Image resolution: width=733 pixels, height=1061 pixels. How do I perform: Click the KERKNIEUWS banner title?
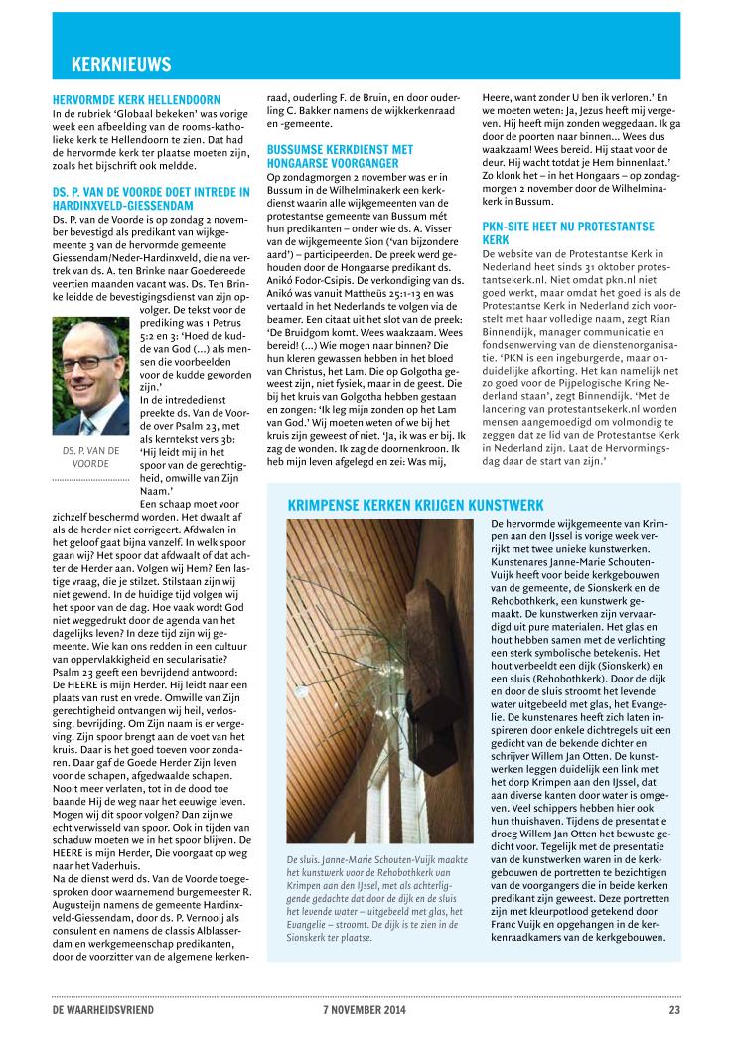121,65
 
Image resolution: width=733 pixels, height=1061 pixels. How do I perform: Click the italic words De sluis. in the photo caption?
300,858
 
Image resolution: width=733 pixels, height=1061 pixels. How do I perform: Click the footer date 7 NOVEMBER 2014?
365,1010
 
